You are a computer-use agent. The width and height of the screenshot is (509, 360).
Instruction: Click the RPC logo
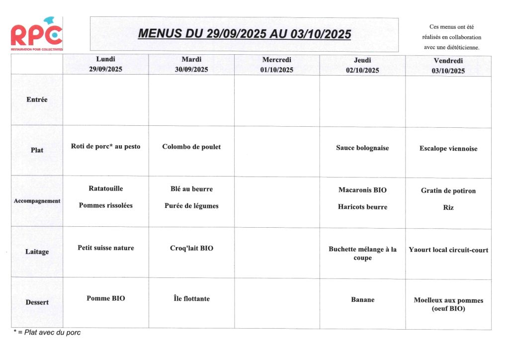[36, 35]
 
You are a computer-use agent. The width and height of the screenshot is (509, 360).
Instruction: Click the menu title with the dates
[244, 34]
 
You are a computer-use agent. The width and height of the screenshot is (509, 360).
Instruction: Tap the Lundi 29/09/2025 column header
[105, 65]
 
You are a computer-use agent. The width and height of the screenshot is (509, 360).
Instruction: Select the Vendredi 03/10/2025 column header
[448, 66]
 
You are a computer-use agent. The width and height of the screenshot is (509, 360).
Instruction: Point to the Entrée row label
[37, 99]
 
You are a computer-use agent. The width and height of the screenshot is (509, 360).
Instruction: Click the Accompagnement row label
[37, 201]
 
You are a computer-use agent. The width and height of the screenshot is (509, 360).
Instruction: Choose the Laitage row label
[37, 252]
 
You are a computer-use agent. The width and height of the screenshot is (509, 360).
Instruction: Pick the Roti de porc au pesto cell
[105, 147]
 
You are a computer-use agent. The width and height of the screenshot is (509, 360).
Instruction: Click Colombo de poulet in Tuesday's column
[191, 147]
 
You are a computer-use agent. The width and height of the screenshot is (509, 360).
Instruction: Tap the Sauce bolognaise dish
[362, 148]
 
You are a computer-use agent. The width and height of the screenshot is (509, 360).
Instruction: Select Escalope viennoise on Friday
[448, 149]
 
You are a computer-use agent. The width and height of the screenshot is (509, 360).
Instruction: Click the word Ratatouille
[105, 188]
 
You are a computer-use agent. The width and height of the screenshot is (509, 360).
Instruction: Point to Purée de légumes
[191, 206]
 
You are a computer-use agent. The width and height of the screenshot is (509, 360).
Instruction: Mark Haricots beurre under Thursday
[362, 207]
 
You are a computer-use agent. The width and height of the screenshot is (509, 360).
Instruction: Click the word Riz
[448, 208]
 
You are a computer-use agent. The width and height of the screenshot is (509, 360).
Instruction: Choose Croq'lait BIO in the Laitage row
[191, 248]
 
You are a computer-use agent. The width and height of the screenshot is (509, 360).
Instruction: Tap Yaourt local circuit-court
[448, 250]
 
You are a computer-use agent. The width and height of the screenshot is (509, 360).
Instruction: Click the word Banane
[362, 300]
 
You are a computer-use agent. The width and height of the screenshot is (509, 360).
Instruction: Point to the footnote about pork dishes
[47, 333]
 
